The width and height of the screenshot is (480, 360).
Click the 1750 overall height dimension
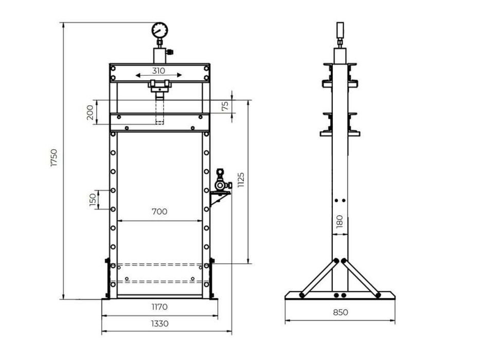[54, 157]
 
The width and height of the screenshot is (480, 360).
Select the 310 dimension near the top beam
[159, 71]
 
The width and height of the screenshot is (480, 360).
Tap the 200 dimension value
[91, 113]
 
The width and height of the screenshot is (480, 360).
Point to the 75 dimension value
[225, 106]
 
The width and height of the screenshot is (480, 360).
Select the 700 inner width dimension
[159, 211]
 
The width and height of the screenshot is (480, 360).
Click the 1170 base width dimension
[159, 307]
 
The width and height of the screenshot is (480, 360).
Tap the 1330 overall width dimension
[159, 323]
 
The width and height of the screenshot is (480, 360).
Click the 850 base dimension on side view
[340, 312]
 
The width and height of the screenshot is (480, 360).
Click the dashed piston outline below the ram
[159, 111]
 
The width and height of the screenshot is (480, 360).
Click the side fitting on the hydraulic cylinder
[170, 51]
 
